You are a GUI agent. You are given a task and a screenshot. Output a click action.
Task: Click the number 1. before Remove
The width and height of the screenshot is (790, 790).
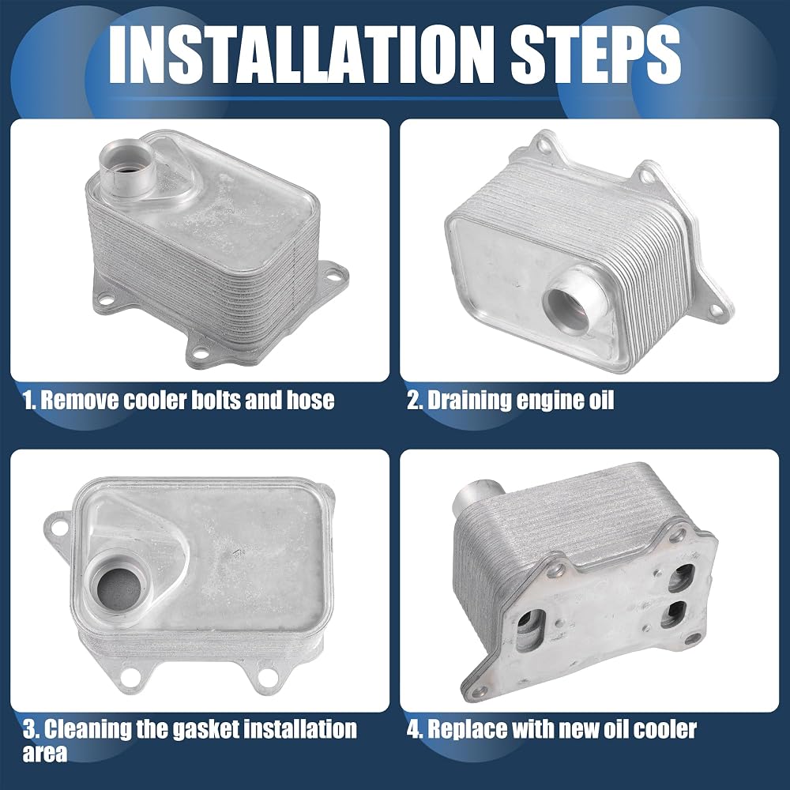click(29, 400)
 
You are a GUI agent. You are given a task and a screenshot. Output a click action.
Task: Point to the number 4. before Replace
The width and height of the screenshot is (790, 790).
click(415, 729)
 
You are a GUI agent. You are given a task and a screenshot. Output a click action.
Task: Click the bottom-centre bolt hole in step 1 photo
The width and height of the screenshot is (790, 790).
click(199, 352)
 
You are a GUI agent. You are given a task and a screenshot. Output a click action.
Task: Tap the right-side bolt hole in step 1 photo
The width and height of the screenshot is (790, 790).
click(332, 275)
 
